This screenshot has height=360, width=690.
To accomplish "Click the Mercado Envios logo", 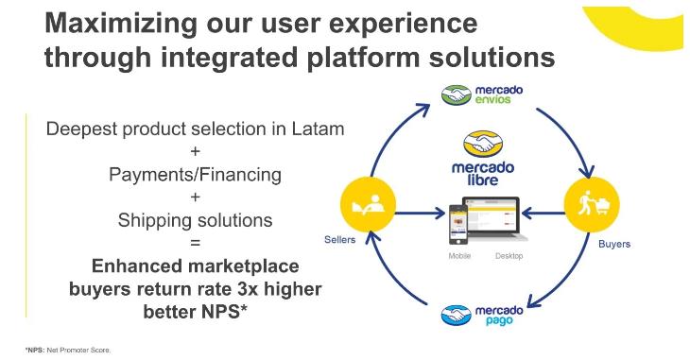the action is click(482, 94).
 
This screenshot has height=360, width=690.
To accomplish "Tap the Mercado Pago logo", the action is click(482, 315).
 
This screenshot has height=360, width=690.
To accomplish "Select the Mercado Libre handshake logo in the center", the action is click(483, 144).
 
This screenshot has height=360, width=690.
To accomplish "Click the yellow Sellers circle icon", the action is click(368, 205).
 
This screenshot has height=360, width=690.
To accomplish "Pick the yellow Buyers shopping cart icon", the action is click(592, 205).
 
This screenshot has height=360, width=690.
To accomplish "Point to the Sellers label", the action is click(339, 240).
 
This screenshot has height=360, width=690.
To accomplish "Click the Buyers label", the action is click(614, 245).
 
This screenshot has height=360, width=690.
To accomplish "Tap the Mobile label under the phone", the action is click(459, 256).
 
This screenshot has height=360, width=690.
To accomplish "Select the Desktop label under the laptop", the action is click(509, 256).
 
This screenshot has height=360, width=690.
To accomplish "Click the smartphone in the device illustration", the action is click(458, 225).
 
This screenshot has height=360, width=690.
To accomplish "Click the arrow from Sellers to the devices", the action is click(421, 214).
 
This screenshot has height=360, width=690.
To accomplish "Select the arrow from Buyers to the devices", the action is click(543, 214).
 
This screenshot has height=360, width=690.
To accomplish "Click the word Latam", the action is click(318, 129).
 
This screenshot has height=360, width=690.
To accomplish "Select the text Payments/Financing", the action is click(195, 175).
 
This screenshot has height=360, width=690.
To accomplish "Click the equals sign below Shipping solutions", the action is click(195, 243).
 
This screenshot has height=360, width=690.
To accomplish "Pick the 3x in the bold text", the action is click(248, 289).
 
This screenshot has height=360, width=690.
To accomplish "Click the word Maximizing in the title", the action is click(121, 24).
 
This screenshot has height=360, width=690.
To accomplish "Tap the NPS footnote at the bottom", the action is click(68, 351).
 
